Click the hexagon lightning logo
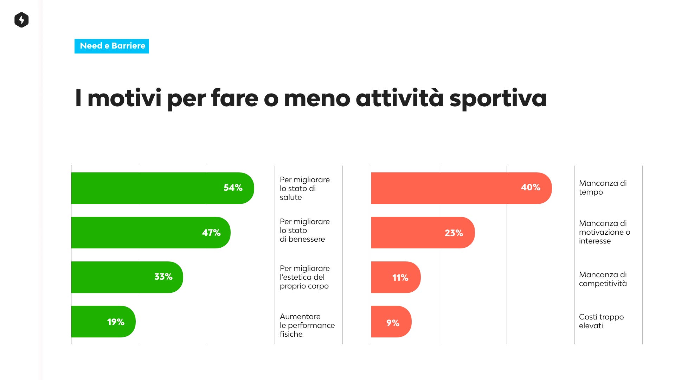coord(21,20)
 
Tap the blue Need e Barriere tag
coord(112,46)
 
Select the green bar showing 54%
coord(162,188)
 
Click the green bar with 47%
coord(150,233)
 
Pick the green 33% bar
coord(127,277)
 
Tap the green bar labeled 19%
coord(103,322)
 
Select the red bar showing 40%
coord(461,188)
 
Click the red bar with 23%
coord(422,233)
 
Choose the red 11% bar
coord(396,277)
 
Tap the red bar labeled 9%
coord(391,322)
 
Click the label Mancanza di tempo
coord(603,188)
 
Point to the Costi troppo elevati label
coord(601,321)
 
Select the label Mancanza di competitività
coord(603,279)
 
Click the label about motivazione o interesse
coord(604,232)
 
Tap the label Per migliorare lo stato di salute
coord(304,189)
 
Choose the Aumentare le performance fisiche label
coord(307,325)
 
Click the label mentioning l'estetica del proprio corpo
coord(304,277)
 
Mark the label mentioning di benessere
coord(304,230)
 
